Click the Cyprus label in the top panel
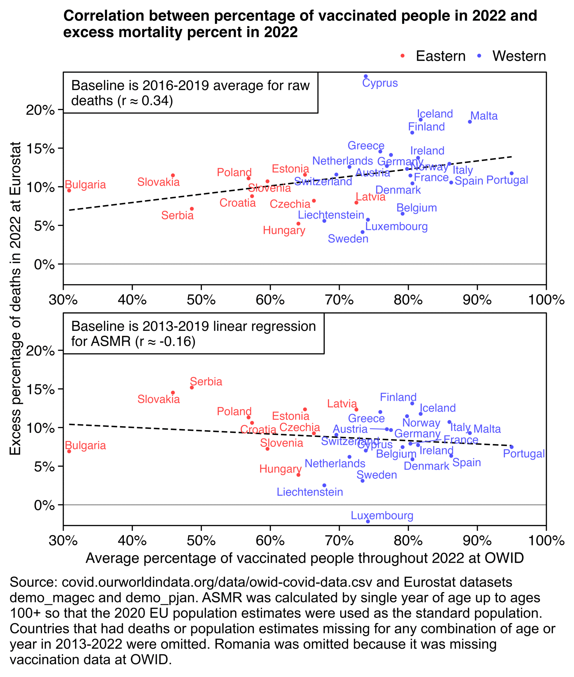(380, 83)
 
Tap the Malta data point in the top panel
(470, 122)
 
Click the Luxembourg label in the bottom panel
(382, 516)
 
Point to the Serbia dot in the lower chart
(192, 387)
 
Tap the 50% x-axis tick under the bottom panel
(201, 541)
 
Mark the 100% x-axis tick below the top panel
(546, 300)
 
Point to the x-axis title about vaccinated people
(305, 558)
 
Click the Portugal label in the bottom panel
(523, 454)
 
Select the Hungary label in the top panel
(284, 230)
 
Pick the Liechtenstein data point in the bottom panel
(324, 485)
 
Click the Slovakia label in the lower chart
(158, 399)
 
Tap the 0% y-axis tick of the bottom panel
(44, 505)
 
